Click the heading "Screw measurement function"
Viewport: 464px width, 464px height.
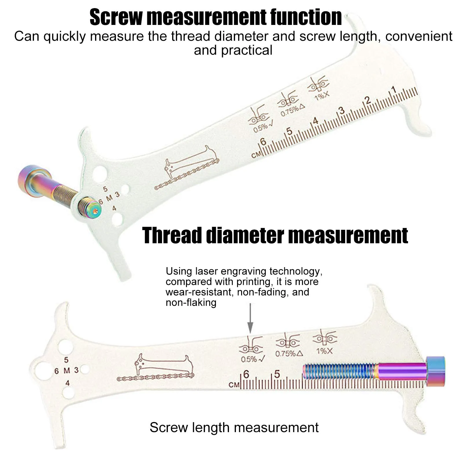[216, 17]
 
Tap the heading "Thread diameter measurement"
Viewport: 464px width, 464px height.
[275, 235]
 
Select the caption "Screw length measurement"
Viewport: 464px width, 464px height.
[234, 427]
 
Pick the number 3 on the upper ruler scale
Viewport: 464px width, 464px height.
[342, 110]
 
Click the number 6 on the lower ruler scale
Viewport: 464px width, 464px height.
[246, 374]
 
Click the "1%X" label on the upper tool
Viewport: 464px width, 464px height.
[322, 96]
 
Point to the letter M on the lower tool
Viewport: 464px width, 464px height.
[67, 371]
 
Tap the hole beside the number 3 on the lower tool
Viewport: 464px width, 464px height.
[85, 370]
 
